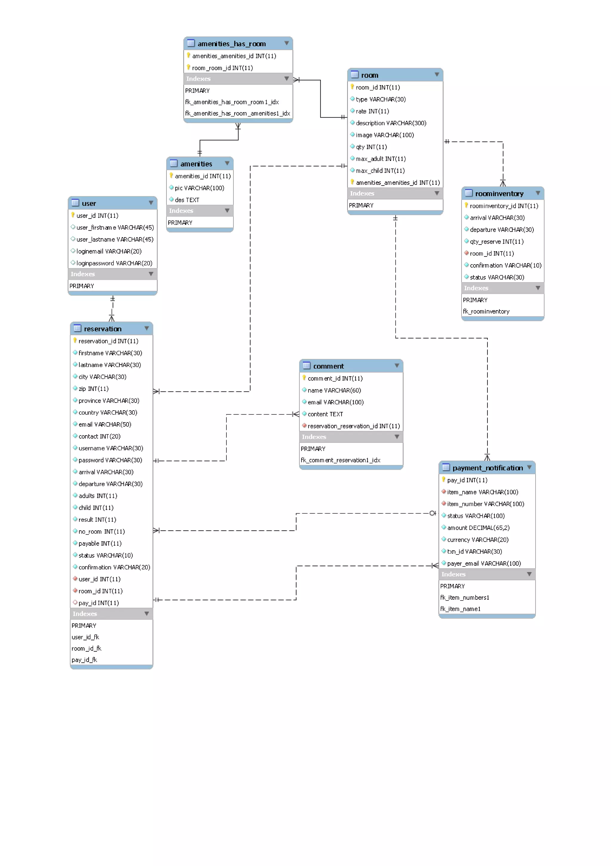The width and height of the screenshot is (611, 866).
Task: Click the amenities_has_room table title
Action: pos(232,44)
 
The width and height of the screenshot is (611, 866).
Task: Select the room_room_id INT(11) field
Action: pos(222,68)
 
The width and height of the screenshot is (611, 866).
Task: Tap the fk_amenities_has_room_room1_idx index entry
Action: pos(232,102)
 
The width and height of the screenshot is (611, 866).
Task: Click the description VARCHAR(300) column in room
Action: pos(391,123)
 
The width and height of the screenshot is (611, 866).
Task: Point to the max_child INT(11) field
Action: pos(380,171)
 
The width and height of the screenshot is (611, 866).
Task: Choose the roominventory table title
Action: pos(499,194)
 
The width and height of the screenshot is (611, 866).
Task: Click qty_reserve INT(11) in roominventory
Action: pos(496,241)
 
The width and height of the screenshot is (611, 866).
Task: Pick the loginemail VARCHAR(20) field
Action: pos(109,251)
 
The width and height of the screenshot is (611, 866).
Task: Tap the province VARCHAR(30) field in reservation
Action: pos(109,400)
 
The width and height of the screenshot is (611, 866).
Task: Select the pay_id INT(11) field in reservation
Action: pos(98,603)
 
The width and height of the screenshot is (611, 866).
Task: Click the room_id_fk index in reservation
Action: pos(86,648)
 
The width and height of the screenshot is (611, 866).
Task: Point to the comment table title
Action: pos(328,366)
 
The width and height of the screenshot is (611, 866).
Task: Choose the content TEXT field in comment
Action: pos(325,414)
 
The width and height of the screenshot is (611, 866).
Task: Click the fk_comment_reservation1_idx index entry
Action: pos(340,460)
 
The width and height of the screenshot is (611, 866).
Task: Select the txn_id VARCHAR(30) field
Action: pos(474,552)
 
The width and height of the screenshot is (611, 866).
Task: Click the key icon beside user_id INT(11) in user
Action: pos(73,215)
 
